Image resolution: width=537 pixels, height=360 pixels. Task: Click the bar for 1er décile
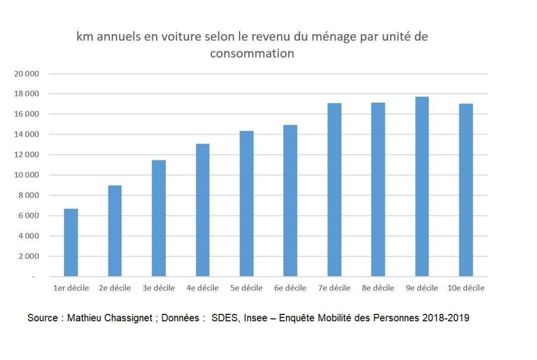click(x=71, y=243)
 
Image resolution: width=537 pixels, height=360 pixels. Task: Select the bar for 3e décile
click(x=159, y=218)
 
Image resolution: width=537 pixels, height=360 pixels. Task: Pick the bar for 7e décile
click(x=335, y=190)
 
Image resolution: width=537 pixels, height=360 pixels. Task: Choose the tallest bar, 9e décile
click(x=422, y=187)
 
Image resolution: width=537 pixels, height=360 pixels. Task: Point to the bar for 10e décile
click(x=466, y=190)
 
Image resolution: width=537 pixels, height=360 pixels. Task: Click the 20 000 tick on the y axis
click(x=28, y=74)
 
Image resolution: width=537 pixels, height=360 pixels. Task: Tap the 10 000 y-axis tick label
click(x=28, y=176)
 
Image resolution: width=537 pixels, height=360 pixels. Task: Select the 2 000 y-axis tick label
click(x=29, y=257)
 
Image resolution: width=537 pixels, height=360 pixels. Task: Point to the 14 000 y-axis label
click(x=28, y=135)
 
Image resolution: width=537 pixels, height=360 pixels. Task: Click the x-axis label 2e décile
click(x=115, y=288)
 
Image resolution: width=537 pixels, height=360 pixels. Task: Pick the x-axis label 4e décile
click(x=202, y=288)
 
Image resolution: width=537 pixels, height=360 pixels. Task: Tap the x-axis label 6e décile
click(x=290, y=288)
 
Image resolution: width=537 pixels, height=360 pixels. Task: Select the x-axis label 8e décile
click(x=378, y=288)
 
